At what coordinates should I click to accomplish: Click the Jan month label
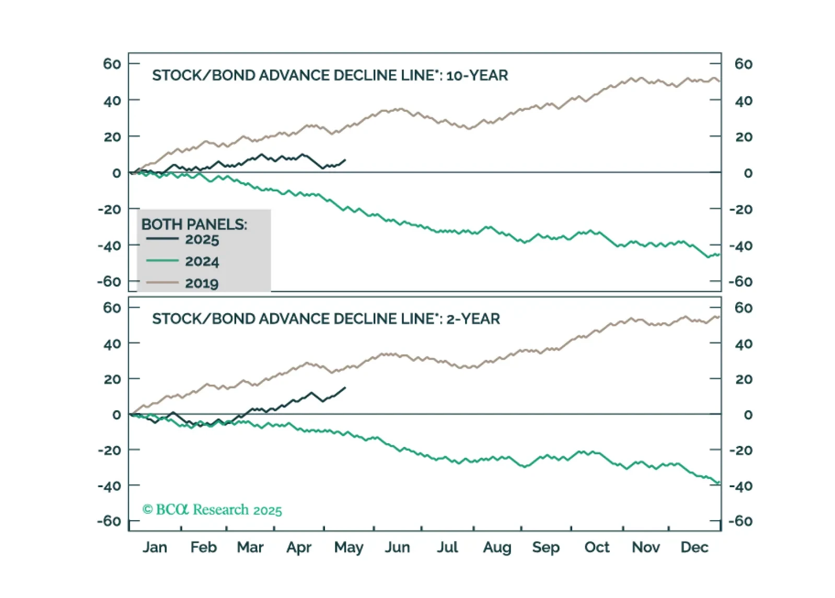point(155,547)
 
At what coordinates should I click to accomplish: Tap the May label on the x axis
point(349,547)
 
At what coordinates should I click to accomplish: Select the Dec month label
point(694,547)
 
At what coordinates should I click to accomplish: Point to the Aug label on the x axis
point(497,547)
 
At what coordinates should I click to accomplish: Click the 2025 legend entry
point(202,240)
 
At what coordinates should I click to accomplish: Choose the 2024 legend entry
point(202,261)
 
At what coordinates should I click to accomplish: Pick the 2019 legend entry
point(202,283)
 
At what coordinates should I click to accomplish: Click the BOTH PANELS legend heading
point(194,224)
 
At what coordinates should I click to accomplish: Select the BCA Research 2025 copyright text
point(212,510)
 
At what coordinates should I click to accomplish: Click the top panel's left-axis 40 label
point(112,100)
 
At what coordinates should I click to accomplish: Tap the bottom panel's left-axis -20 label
point(110,450)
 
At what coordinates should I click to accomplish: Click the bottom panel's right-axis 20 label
point(744,379)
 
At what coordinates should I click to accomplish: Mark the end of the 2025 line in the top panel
point(345,160)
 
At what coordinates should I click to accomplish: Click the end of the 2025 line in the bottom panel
point(345,387)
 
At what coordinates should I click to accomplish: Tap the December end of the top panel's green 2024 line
point(720,254)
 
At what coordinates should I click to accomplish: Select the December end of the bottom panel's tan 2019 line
point(720,316)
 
